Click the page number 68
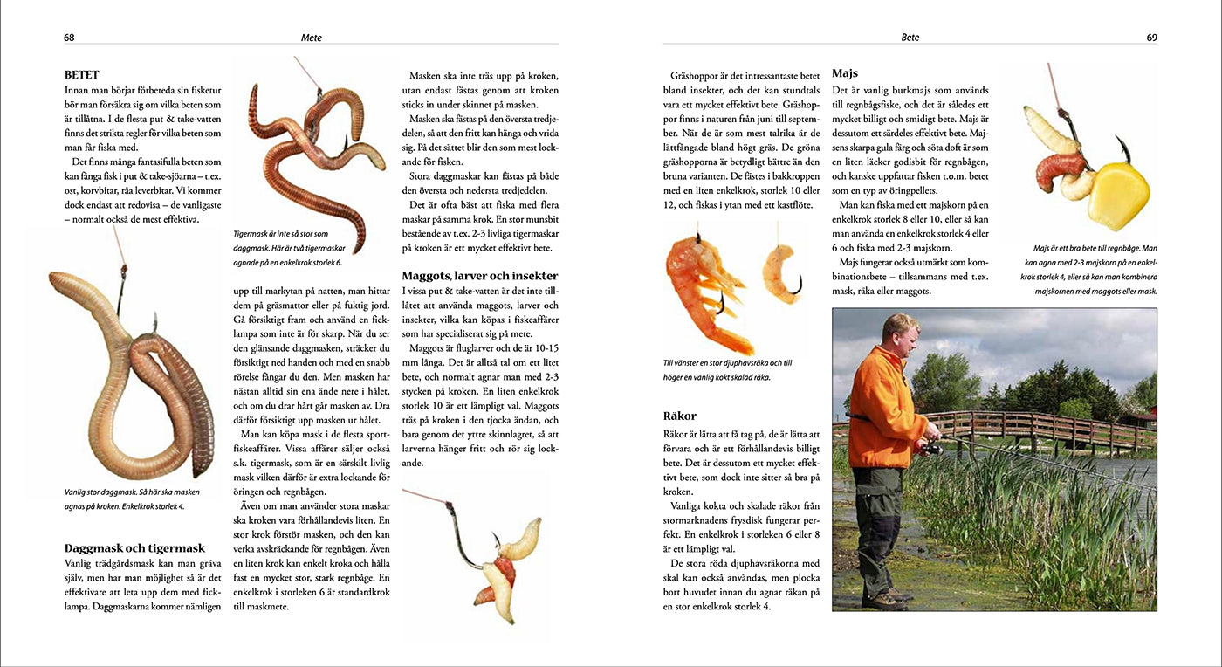coord(69,38)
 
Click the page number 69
coord(1151,38)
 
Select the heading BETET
coord(82,75)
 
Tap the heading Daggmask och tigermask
coord(134,548)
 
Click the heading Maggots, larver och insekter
coord(479,276)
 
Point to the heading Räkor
coord(679,416)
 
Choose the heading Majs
coord(845,73)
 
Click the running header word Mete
coord(312,38)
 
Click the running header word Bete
coord(910,38)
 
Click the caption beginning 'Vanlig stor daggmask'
coord(126,499)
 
